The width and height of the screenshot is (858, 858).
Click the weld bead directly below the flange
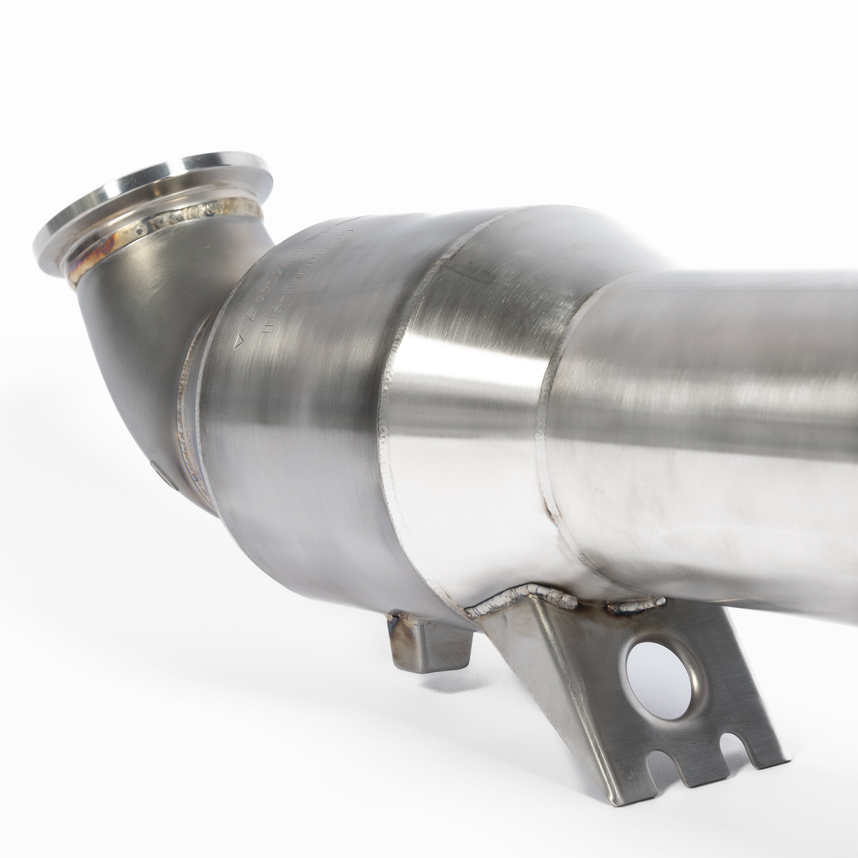pos(200,218)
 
